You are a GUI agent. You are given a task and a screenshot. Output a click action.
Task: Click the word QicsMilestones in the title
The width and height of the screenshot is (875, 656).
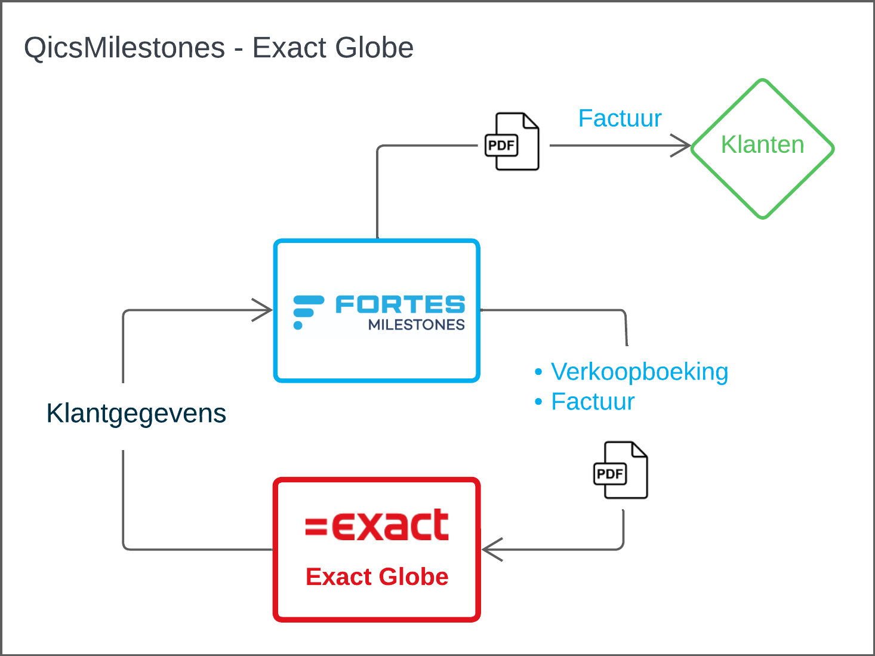point(124,48)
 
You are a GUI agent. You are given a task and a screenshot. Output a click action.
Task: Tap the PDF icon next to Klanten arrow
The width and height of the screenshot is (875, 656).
point(512,141)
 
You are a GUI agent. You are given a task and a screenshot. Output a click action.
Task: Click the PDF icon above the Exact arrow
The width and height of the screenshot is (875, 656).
point(620,470)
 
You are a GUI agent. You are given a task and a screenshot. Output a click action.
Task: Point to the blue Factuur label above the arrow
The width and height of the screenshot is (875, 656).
point(620,118)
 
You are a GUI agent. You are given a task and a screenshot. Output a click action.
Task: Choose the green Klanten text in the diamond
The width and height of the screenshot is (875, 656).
point(763,144)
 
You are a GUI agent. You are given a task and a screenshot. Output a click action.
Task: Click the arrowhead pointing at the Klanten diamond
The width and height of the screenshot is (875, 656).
point(681,146)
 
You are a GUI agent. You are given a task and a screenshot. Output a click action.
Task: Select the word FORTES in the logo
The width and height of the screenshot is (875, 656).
point(400,304)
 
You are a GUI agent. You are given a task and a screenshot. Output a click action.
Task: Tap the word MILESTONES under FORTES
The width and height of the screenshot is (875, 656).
point(416,325)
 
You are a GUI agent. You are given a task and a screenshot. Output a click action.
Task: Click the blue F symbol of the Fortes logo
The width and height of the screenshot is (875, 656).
point(308,312)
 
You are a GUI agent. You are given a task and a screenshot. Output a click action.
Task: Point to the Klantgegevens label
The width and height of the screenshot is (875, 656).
point(136,414)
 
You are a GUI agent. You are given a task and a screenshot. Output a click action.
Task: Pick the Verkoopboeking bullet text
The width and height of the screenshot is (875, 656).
point(639,372)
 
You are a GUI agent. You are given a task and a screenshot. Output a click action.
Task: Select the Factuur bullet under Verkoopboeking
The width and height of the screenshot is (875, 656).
point(593,401)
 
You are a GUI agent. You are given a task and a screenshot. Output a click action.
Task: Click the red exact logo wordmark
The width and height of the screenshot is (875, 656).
point(377,525)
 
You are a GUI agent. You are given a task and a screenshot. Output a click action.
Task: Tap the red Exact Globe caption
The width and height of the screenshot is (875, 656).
point(377,577)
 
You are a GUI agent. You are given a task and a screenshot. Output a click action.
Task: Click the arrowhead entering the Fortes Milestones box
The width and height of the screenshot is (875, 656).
point(262,310)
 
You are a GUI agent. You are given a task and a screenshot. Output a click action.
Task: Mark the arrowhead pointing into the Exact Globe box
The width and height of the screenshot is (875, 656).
point(492,550)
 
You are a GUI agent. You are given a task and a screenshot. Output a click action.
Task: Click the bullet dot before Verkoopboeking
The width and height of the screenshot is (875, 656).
point(538,372)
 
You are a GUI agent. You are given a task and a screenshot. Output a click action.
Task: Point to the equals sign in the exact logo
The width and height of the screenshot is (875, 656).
point(316,526)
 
